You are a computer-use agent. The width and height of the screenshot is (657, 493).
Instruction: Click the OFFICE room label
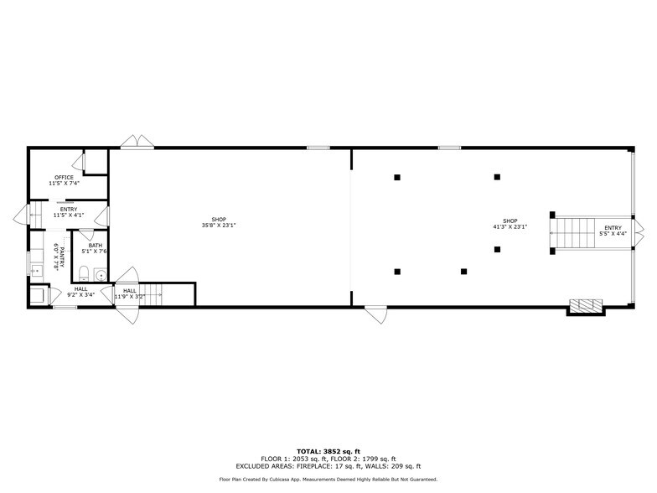coord(64,178)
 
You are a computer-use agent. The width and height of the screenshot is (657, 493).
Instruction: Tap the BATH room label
coord(96,245)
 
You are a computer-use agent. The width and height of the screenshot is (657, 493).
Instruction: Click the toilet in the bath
coord(84,273)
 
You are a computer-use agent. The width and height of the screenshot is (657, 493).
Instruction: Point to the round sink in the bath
coord(101,275)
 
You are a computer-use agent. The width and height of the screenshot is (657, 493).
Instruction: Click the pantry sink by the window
coord(37,270)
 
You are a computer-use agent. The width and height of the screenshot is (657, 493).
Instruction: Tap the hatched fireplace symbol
coord(586,305)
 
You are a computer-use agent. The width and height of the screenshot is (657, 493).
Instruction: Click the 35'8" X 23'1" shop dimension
coord(219,225)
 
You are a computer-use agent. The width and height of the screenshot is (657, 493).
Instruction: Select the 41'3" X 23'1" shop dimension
coord(510,226)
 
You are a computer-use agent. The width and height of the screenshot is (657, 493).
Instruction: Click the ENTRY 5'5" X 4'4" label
coord(613,231)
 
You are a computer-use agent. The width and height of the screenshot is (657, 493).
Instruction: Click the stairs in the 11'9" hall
coord(151,295)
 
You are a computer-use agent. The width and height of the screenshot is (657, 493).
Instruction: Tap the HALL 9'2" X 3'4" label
coord(80,292)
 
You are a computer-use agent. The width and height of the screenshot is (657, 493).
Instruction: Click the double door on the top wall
coord(137,141)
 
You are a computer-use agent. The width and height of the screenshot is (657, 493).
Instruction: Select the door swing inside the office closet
coord(80,162)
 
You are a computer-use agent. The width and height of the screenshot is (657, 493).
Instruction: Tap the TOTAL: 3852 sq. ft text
coord(328,451)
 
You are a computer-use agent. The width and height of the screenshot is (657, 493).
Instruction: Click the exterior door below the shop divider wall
coord(375,314)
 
